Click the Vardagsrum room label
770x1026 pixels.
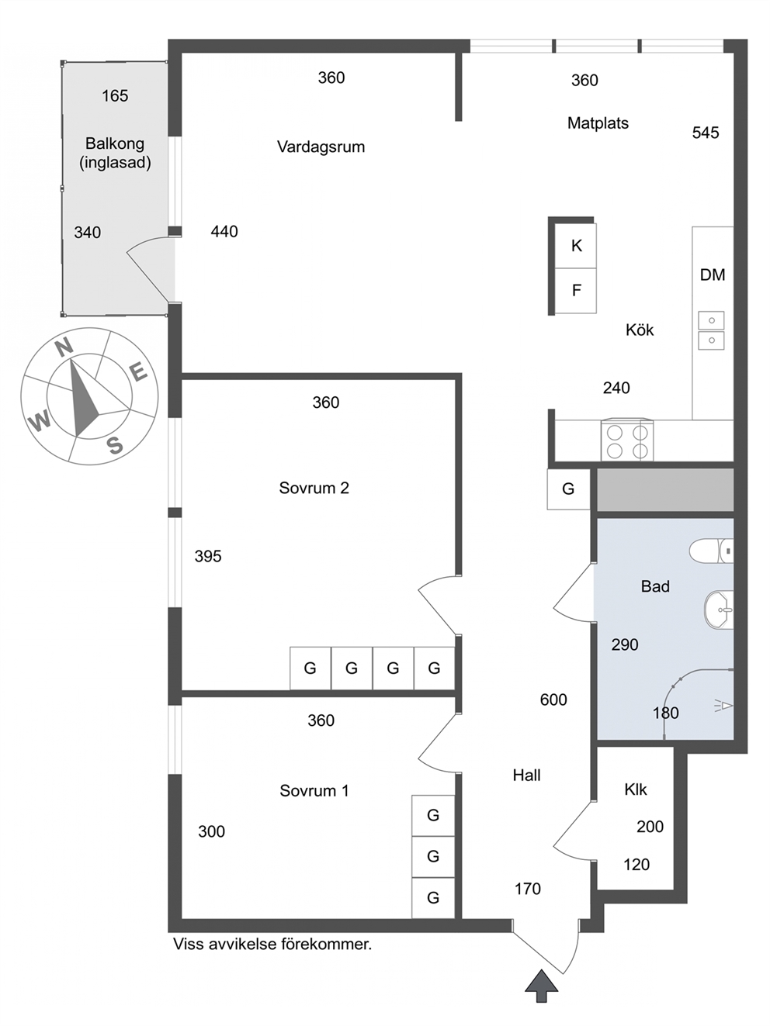pyautogui.click(x=321, y=147)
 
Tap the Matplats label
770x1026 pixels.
pyautogui.click(x=598, y=123)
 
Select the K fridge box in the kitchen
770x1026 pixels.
pyautogui.click(x=576, y=246)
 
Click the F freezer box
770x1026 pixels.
pyautogui.click(x=576, y=290)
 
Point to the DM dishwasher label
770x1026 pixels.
pyautogui.click(x=713, y=275)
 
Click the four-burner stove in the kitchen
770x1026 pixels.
pyautogui.click(x=627, y=440)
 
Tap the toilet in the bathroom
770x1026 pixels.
pyautogui.click(x=711, y=550)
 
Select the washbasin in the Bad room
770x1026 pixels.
pyautogui.click(x=719, y=610)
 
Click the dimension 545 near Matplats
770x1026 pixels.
pyautogui.click(x=706, y=133)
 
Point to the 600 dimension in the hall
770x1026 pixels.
pyautogui.click(x=553, y=700)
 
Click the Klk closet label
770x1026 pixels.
pyautogui.click(x=635, y=789)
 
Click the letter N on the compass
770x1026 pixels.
pyautogui.click(x=64, y=347)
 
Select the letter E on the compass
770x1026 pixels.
pyautogui.click(x=138, y=373)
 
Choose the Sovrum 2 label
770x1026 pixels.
pyautogui.click(x=314, y=488)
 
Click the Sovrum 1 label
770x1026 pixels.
pyautogui.click(x=314, y=790)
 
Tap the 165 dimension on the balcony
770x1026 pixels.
pyautogui.click(x=115, y=96)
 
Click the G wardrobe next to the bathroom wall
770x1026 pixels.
pyautogui.click(x=568, y=489)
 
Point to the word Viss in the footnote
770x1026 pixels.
pyautogui.click(x=188, y=944)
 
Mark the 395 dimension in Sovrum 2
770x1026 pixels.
pyautogui.click(x=208, y=556)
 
